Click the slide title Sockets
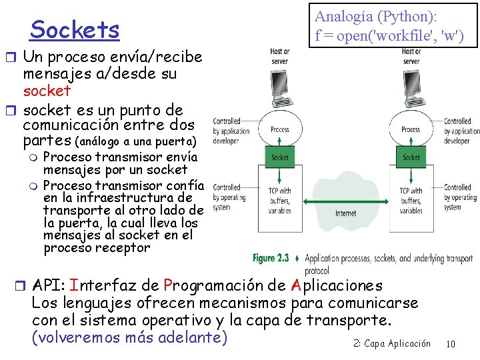[75, 30]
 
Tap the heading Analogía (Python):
[381, 16]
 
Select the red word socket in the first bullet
[47, 90]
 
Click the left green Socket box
[280, 157]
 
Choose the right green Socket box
[411, 157]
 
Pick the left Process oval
[280, 129]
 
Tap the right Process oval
[411, 129]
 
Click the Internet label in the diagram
[345, 213]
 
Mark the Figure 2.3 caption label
[270, 258]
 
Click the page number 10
[451, 344]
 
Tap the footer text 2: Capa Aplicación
[392, 344]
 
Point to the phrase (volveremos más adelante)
[129, 337]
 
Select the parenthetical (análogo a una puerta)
[137, 141]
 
